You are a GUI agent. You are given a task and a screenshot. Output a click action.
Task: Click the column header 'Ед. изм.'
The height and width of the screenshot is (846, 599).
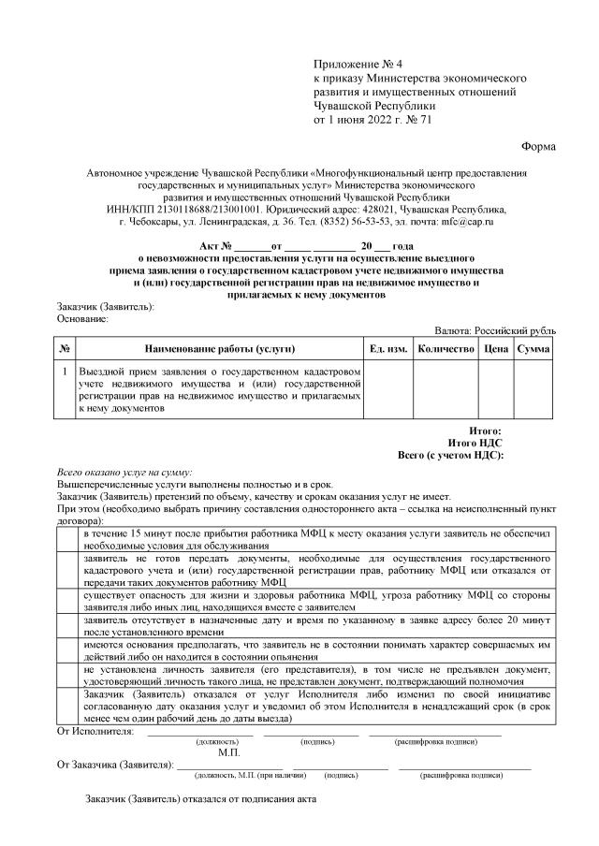tap(387, 349)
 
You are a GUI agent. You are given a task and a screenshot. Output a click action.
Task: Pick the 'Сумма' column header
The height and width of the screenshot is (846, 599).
tap(533, 349)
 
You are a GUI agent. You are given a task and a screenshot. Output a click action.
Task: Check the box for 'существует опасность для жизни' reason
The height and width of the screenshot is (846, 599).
tap(68, 600)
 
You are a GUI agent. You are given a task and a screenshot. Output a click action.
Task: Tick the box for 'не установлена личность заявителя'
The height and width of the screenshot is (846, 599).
tap(68, 676)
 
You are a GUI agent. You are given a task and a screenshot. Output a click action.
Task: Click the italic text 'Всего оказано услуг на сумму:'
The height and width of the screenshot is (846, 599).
tap(124, 474)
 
